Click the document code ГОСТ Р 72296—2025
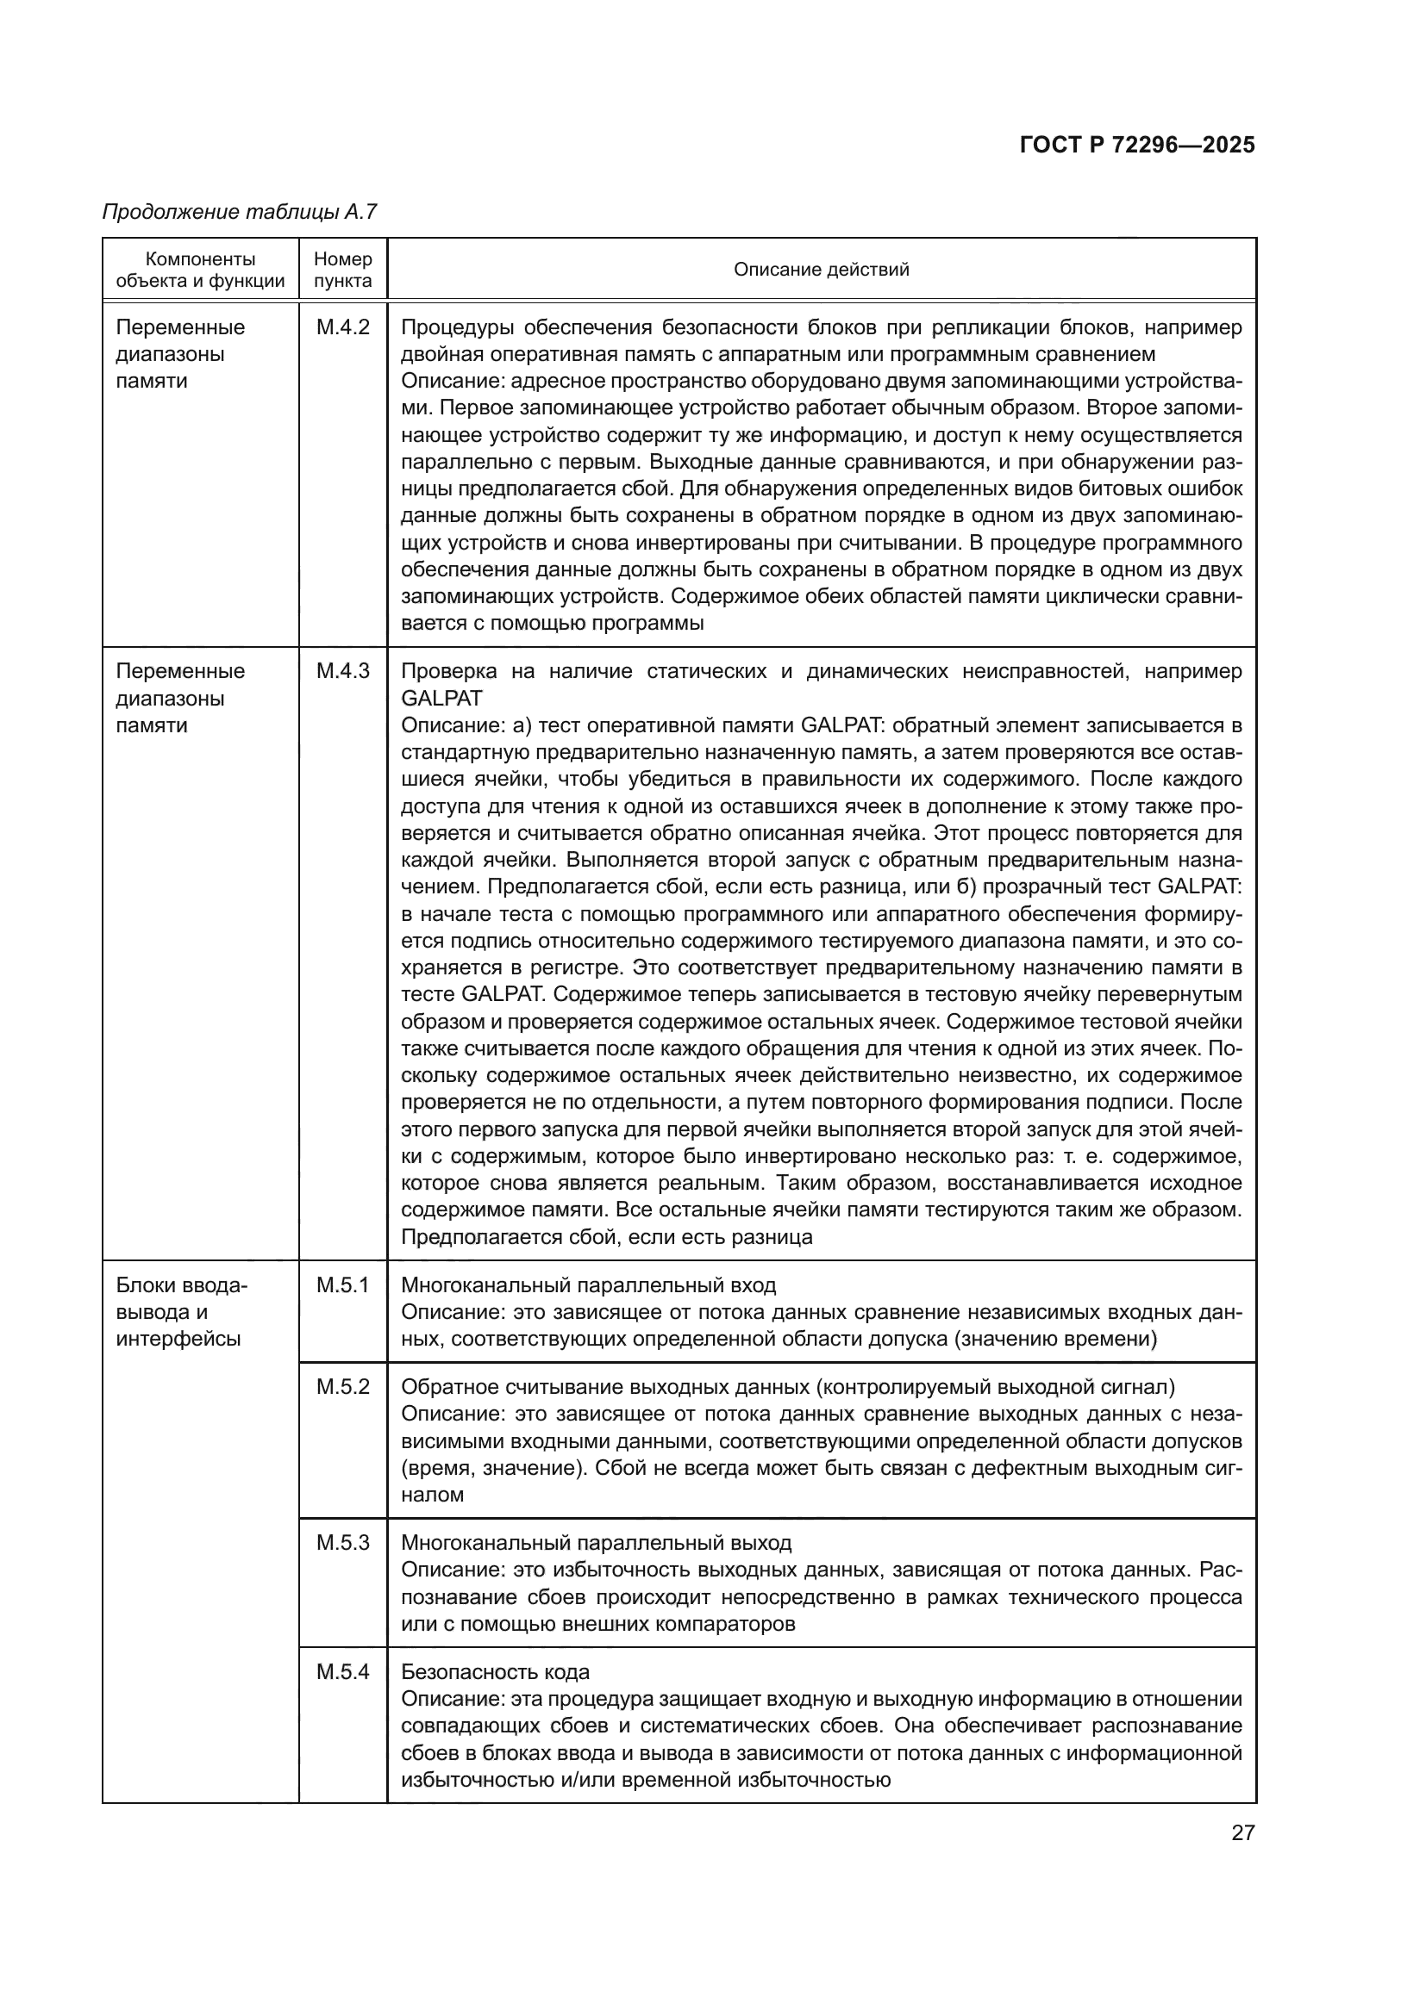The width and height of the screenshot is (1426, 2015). click(x=1137, y=145)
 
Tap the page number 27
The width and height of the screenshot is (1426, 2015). click(x=1242, y=1832)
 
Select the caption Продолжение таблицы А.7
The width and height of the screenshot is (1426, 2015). click(x=239, y=212)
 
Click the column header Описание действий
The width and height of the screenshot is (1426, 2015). click(x=821, y=270)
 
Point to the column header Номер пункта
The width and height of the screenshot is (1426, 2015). click(x=342, y=270)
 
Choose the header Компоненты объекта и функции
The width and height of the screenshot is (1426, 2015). click(x=200, y=270)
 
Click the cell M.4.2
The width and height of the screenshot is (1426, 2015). click(x=342, y=327)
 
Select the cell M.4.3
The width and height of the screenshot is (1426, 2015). click(x=342, y=671)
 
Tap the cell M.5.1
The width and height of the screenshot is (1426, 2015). click(x=342, y=1284)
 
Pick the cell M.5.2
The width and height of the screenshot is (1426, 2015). click(x=342, y=1387)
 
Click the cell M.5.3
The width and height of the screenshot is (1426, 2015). click(x=342, y=1542)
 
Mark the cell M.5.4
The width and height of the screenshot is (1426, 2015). click(x=342, y=1671)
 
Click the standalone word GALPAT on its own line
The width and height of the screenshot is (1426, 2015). click(x=441, y=698)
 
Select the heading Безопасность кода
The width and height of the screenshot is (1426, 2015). click(x=495, y=1671)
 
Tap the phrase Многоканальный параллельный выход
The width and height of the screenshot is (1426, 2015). click(x=596, y=1542)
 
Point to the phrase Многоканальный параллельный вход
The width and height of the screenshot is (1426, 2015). click(x=588, y=1284)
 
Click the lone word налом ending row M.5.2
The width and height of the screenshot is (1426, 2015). click(x=432, y=1495)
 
